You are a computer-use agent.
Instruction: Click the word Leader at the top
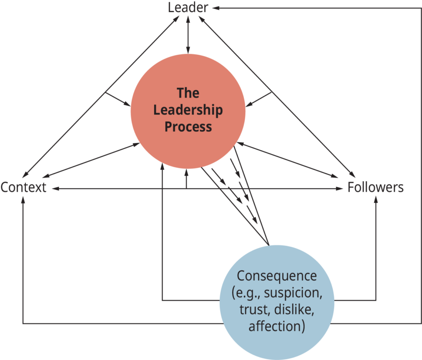click(188, 8)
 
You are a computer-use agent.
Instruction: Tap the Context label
click(23, 188)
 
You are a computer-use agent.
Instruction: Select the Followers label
click(375, 188)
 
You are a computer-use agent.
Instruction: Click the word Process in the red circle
click(188, 127)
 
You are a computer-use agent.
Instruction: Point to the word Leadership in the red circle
click(188, 111)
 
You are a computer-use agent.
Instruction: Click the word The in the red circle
click(188, 93)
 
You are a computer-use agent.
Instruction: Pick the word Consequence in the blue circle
click(277, 276)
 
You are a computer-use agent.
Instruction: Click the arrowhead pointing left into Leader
click(215, 8)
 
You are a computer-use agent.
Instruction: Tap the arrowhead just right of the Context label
click(53, 189)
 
